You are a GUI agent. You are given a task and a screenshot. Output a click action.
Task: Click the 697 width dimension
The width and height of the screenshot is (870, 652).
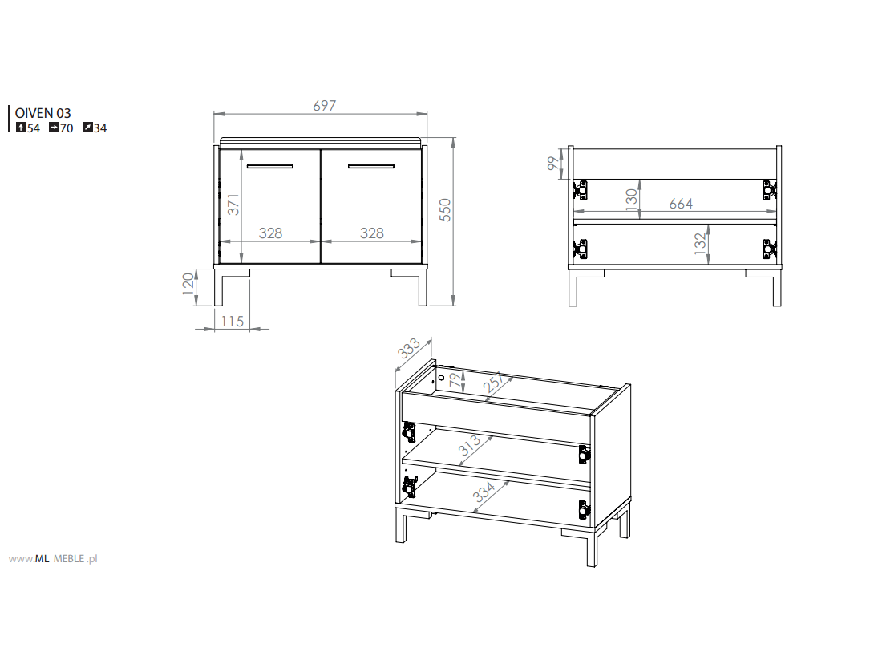pos(325,105)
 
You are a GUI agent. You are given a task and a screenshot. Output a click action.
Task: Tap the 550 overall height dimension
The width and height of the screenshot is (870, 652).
pos(446,210)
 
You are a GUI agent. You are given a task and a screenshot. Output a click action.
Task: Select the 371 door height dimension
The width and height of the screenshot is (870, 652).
pos(233,205)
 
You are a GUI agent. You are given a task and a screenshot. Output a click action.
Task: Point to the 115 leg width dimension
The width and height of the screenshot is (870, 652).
pos(233,322)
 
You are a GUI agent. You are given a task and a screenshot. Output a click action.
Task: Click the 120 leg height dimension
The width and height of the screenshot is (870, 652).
pos(188,284)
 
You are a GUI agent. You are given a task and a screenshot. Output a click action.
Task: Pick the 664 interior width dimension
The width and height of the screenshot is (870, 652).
pos(681,205)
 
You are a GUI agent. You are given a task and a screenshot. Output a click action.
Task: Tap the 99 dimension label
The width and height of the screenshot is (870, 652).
pos(553,163)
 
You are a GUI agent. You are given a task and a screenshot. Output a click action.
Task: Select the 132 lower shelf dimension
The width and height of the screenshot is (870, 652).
pos(700,244)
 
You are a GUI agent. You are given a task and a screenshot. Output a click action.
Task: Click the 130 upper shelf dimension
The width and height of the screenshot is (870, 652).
pos(631,199)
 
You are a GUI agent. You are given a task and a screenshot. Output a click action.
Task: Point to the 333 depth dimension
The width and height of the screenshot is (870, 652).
pos(409,349)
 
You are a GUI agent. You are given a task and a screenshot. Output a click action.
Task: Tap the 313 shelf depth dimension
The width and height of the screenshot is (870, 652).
pos(469,444)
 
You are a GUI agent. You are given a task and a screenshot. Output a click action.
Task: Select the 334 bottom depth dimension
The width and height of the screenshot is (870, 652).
pos(484,491)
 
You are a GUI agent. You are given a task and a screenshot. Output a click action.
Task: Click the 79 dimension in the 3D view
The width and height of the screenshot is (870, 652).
pos(455,379)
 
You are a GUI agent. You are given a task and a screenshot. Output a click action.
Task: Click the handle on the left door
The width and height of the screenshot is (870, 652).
pos(269,166)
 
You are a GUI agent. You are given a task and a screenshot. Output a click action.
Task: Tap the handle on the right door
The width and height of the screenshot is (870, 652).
pos(371,166)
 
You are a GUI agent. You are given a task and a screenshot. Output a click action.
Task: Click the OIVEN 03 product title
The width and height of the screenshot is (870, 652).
pos(42,113)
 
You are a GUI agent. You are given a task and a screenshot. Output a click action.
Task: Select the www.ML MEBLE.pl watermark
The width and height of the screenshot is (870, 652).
pos(53,559)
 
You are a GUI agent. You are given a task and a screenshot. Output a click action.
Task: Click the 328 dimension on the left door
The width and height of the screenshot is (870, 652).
pos(271,233)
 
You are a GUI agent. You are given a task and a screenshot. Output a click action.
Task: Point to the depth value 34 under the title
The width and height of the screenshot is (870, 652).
pos(100,128)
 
